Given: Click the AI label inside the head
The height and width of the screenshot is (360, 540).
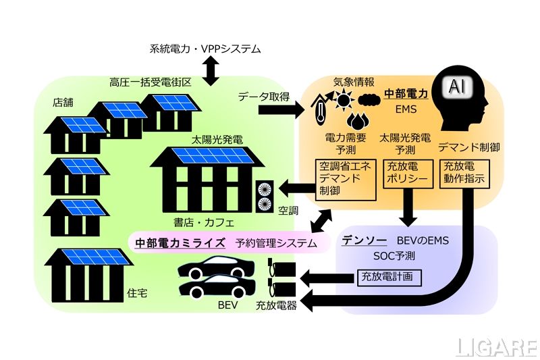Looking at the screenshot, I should click(457, 87).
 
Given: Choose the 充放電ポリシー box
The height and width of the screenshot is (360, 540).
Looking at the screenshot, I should click(405, 174).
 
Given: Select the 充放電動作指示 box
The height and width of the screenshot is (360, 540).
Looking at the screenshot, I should click(464, 174).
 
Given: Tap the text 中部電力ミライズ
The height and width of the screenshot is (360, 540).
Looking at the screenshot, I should click(180, 242).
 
